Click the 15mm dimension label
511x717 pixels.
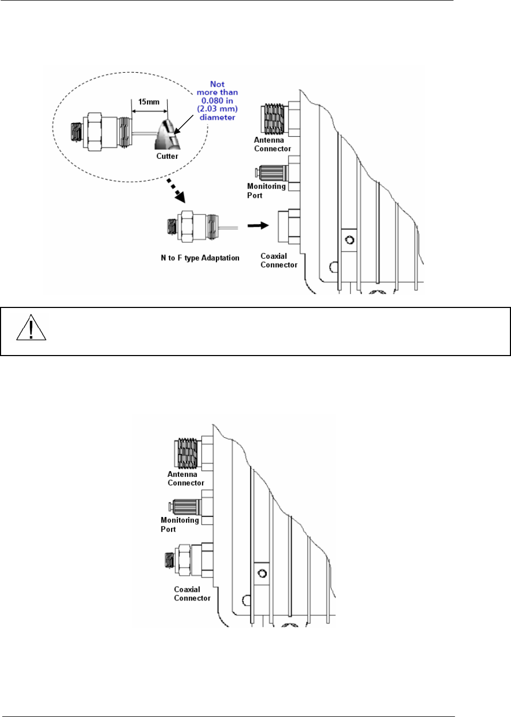click(x=149, y=102)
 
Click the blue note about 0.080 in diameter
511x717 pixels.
click(x=217, y=101)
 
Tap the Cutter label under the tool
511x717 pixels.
click(x=167, y=156)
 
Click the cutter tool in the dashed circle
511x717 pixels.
click(x=167, y=135)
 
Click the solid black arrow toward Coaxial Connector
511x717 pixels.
click(x=258, y=225)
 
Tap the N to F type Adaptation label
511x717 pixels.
click(x=200, y=258)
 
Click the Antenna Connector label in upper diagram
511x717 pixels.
click(x=272, y=144)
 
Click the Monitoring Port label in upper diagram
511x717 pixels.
click(x=266, y=190)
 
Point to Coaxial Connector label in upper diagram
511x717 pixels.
click(x=278, y=260)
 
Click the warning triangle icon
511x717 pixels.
click(x=31, y=328)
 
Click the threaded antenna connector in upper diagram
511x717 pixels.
click(x=274, y=119)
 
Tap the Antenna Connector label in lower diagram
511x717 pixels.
click(x=185, y=479)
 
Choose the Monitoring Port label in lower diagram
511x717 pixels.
click(x=179, y=524)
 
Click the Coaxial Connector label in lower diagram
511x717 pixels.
click(x=192, y=593)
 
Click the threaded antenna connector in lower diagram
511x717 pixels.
click(x=187, y=453)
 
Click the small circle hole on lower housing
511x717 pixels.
click(x=262, y=574)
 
